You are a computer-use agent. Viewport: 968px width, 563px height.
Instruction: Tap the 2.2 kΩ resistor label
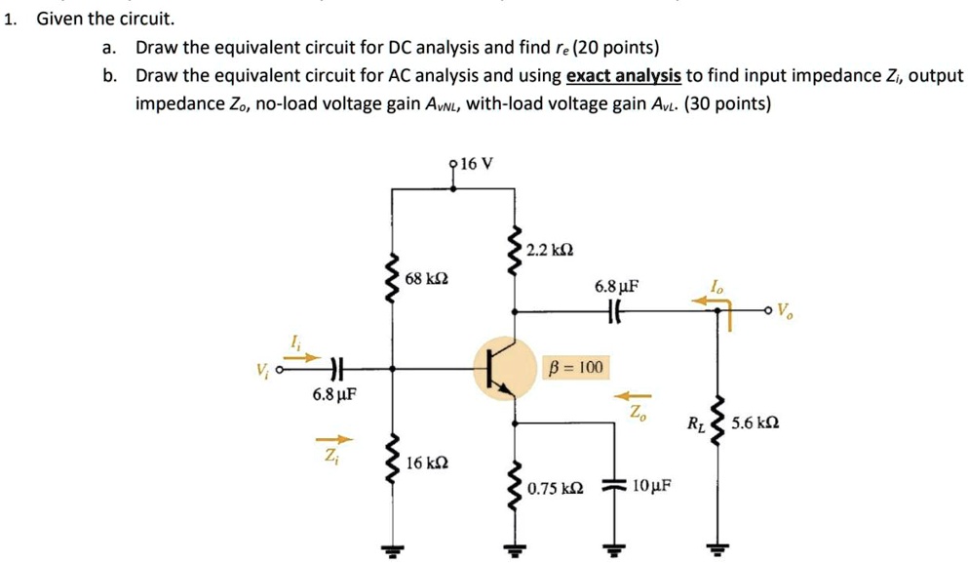[x=549, y=251]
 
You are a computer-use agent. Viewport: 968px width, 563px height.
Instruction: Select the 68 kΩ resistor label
[x=426, y=280]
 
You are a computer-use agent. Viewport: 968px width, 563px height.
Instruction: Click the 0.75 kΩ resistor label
[x=556, y=486]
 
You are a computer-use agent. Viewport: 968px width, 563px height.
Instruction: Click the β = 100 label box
[x=576, y=368]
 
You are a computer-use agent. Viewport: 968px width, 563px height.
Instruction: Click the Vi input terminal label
[x=261, y=371]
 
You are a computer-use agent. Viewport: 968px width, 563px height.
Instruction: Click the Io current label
[x=717, y=288]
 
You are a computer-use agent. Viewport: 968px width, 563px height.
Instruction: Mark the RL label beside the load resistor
[x=695, y=423]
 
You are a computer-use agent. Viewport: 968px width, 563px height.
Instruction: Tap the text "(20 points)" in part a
[x=615, y=48]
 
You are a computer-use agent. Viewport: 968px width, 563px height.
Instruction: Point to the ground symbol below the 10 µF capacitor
[x=614, y=548]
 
